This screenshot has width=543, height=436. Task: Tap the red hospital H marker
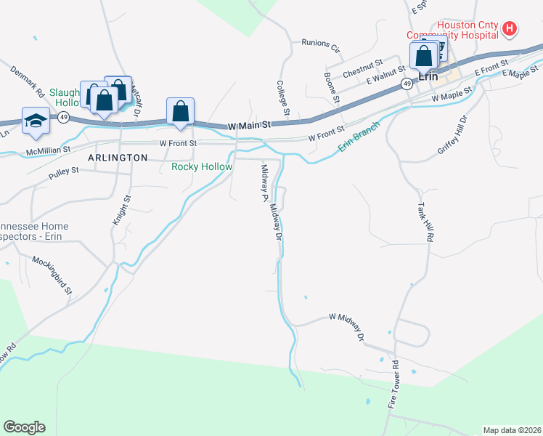510,29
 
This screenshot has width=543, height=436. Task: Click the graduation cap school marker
35,121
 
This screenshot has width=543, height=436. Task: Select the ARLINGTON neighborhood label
118,157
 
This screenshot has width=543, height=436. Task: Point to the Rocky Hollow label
202,167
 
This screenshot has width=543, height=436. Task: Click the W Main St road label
248,126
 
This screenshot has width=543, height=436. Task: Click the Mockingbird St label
52,274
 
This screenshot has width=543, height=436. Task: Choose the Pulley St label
62,176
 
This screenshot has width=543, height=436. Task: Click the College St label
282,98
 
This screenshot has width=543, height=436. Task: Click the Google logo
24,427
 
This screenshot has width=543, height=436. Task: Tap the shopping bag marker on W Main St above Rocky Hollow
180,112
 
